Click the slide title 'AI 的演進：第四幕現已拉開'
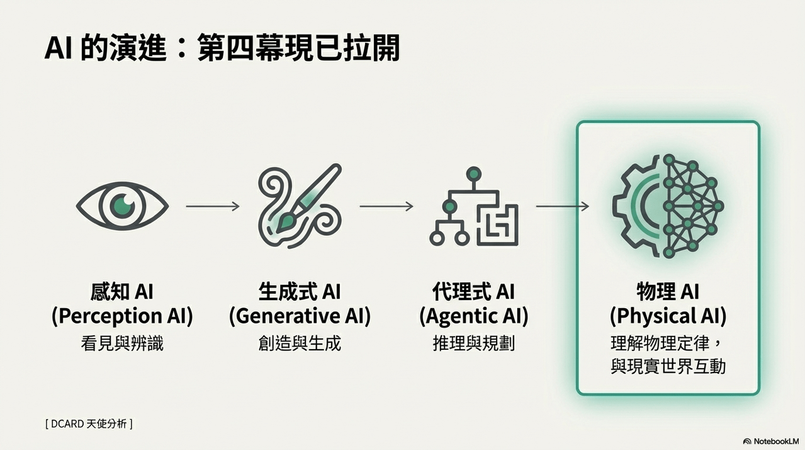click(222, 47)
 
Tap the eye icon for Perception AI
click(122, 206)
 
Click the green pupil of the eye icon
click(122, 206)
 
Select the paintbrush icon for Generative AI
click(300, 206)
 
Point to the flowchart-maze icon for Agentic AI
click(474, 206)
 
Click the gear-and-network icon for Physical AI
click(668, 206)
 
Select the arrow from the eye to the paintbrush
click(213, 206)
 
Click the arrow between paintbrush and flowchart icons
click(386, 206)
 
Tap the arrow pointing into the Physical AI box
click(563, 206)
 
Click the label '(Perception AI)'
click(122, 316)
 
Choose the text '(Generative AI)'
click(300, 316)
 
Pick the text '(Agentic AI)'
click(474, 316)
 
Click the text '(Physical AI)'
click(668, 316)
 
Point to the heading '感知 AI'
click(122, 292)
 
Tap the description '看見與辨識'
click(122, 343)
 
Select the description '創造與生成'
click(300, 343)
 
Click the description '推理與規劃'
click(474, 343)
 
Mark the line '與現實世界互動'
click(668, 366)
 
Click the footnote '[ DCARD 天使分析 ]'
click(89, 424)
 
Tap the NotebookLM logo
click(771, 441)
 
